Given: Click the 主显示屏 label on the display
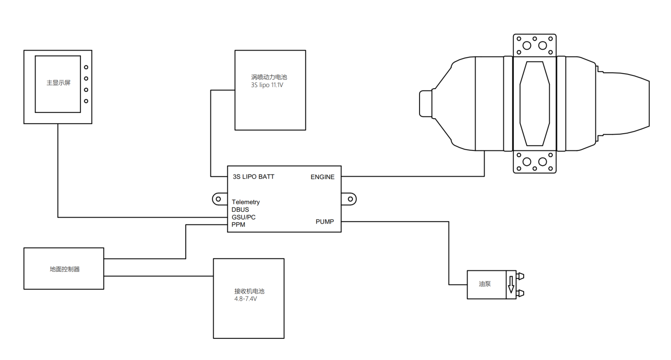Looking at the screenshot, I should click(58, 82).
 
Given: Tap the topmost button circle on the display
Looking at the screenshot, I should click(86, 67).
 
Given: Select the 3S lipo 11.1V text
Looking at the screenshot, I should click(267, 85).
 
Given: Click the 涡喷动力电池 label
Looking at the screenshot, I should click(269, 77).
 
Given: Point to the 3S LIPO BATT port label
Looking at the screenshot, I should click(253, 176).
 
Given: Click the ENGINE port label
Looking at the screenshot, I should click(322, 177).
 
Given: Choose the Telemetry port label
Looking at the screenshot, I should click(245, 202).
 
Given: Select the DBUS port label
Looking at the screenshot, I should click(240, 210).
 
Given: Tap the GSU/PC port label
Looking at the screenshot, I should click(243, 217).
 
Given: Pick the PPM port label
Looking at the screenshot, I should click(238, 225).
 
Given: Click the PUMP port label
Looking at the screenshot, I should click(324, 221).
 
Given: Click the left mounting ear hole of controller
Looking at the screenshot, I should click(218, 199).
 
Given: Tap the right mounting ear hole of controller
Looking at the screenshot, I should click(350, 199).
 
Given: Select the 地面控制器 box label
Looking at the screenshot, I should click(64, 269).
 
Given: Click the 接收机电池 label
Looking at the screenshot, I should click(249, 291).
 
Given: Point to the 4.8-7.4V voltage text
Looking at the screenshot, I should click(245, 299).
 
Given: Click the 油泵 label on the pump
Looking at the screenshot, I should click(484, 284).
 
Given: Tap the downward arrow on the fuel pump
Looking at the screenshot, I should click(511, 285).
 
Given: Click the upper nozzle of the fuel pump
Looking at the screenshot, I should click(521, 276).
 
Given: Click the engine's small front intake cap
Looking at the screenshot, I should click(425, 104).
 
